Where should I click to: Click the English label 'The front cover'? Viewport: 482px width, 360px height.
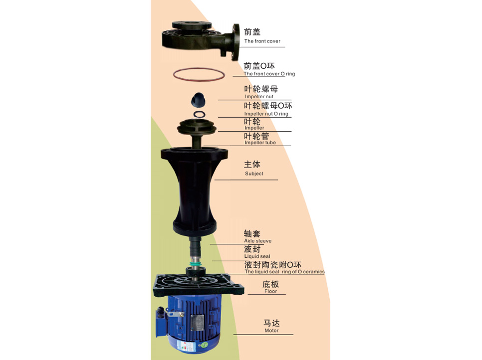pyautogui.click(x=262, y=41)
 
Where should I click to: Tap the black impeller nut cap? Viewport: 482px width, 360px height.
pyautogui.click(x=198, y=100)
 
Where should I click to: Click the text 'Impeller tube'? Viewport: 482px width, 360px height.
pyautogui.click(x=260, y=143)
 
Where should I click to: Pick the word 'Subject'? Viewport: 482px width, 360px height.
pyautogui.click(x=254, y=174)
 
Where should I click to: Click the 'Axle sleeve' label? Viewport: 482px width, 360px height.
pyautogui.click(x=257, y=241)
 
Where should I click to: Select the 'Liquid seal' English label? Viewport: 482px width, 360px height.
pyautogui.click(x=257, y=256)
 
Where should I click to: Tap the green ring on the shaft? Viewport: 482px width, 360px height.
pyautogui.click(x=195, y=264)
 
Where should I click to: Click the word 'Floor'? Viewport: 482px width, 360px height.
pyautogui.click(x=270, y=291)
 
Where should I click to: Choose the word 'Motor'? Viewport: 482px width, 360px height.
pyautogui.click(x=271, y=331)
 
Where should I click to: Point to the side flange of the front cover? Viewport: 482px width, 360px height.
pyautogui.click(x=236, y=42)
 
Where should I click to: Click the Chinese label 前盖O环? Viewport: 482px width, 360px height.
pyautogui.click(x=259, y=66)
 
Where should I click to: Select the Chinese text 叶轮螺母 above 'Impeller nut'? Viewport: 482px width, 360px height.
pyautogui.click(x=261, y=89)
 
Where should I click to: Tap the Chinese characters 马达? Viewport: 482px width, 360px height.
pyautogui.click(x=271, y=323)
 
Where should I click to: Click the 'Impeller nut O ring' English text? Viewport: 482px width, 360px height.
pyautogui.click(x=266, y=114)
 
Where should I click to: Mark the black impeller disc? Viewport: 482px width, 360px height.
pyautogui.click(x=197, y=127)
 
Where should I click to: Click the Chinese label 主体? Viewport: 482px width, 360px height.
pyautogui.click(x=252, y=165)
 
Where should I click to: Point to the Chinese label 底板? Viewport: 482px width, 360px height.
pyautogui.click(x=270, y=284)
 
